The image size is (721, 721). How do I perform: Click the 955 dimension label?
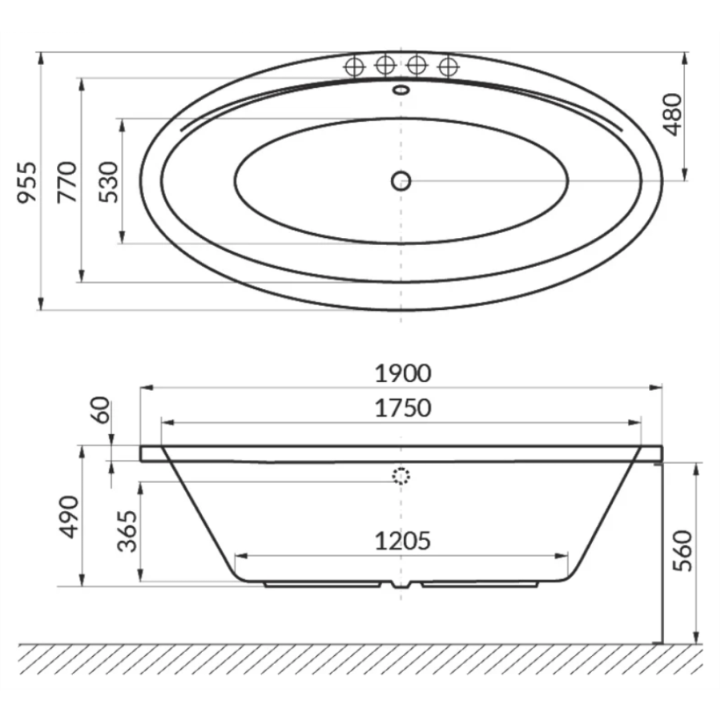26,182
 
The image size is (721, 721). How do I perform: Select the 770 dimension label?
67,182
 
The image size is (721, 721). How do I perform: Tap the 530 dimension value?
109,182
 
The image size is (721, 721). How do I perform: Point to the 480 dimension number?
673,115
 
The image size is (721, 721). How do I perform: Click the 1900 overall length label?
403,373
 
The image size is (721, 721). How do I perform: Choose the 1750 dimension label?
403,408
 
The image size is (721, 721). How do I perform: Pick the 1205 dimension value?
403,542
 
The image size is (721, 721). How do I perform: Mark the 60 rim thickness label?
101,410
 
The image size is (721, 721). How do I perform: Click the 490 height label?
70,517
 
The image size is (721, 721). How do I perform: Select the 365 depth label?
127,531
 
